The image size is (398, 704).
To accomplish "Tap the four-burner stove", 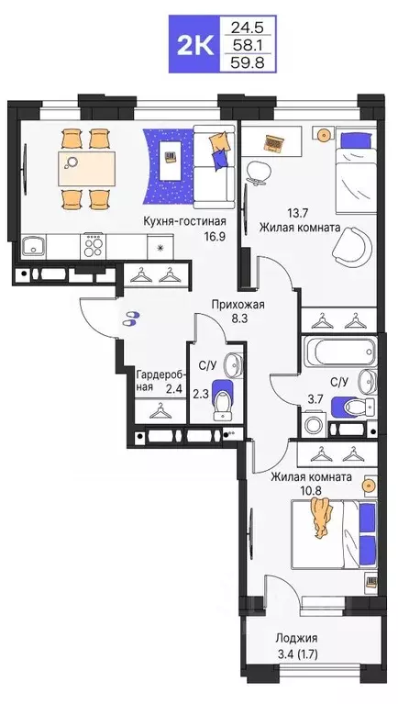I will click(94, 245).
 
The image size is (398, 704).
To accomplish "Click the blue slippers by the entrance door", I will click(132, 318).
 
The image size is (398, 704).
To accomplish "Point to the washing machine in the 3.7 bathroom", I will click(315, 424).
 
